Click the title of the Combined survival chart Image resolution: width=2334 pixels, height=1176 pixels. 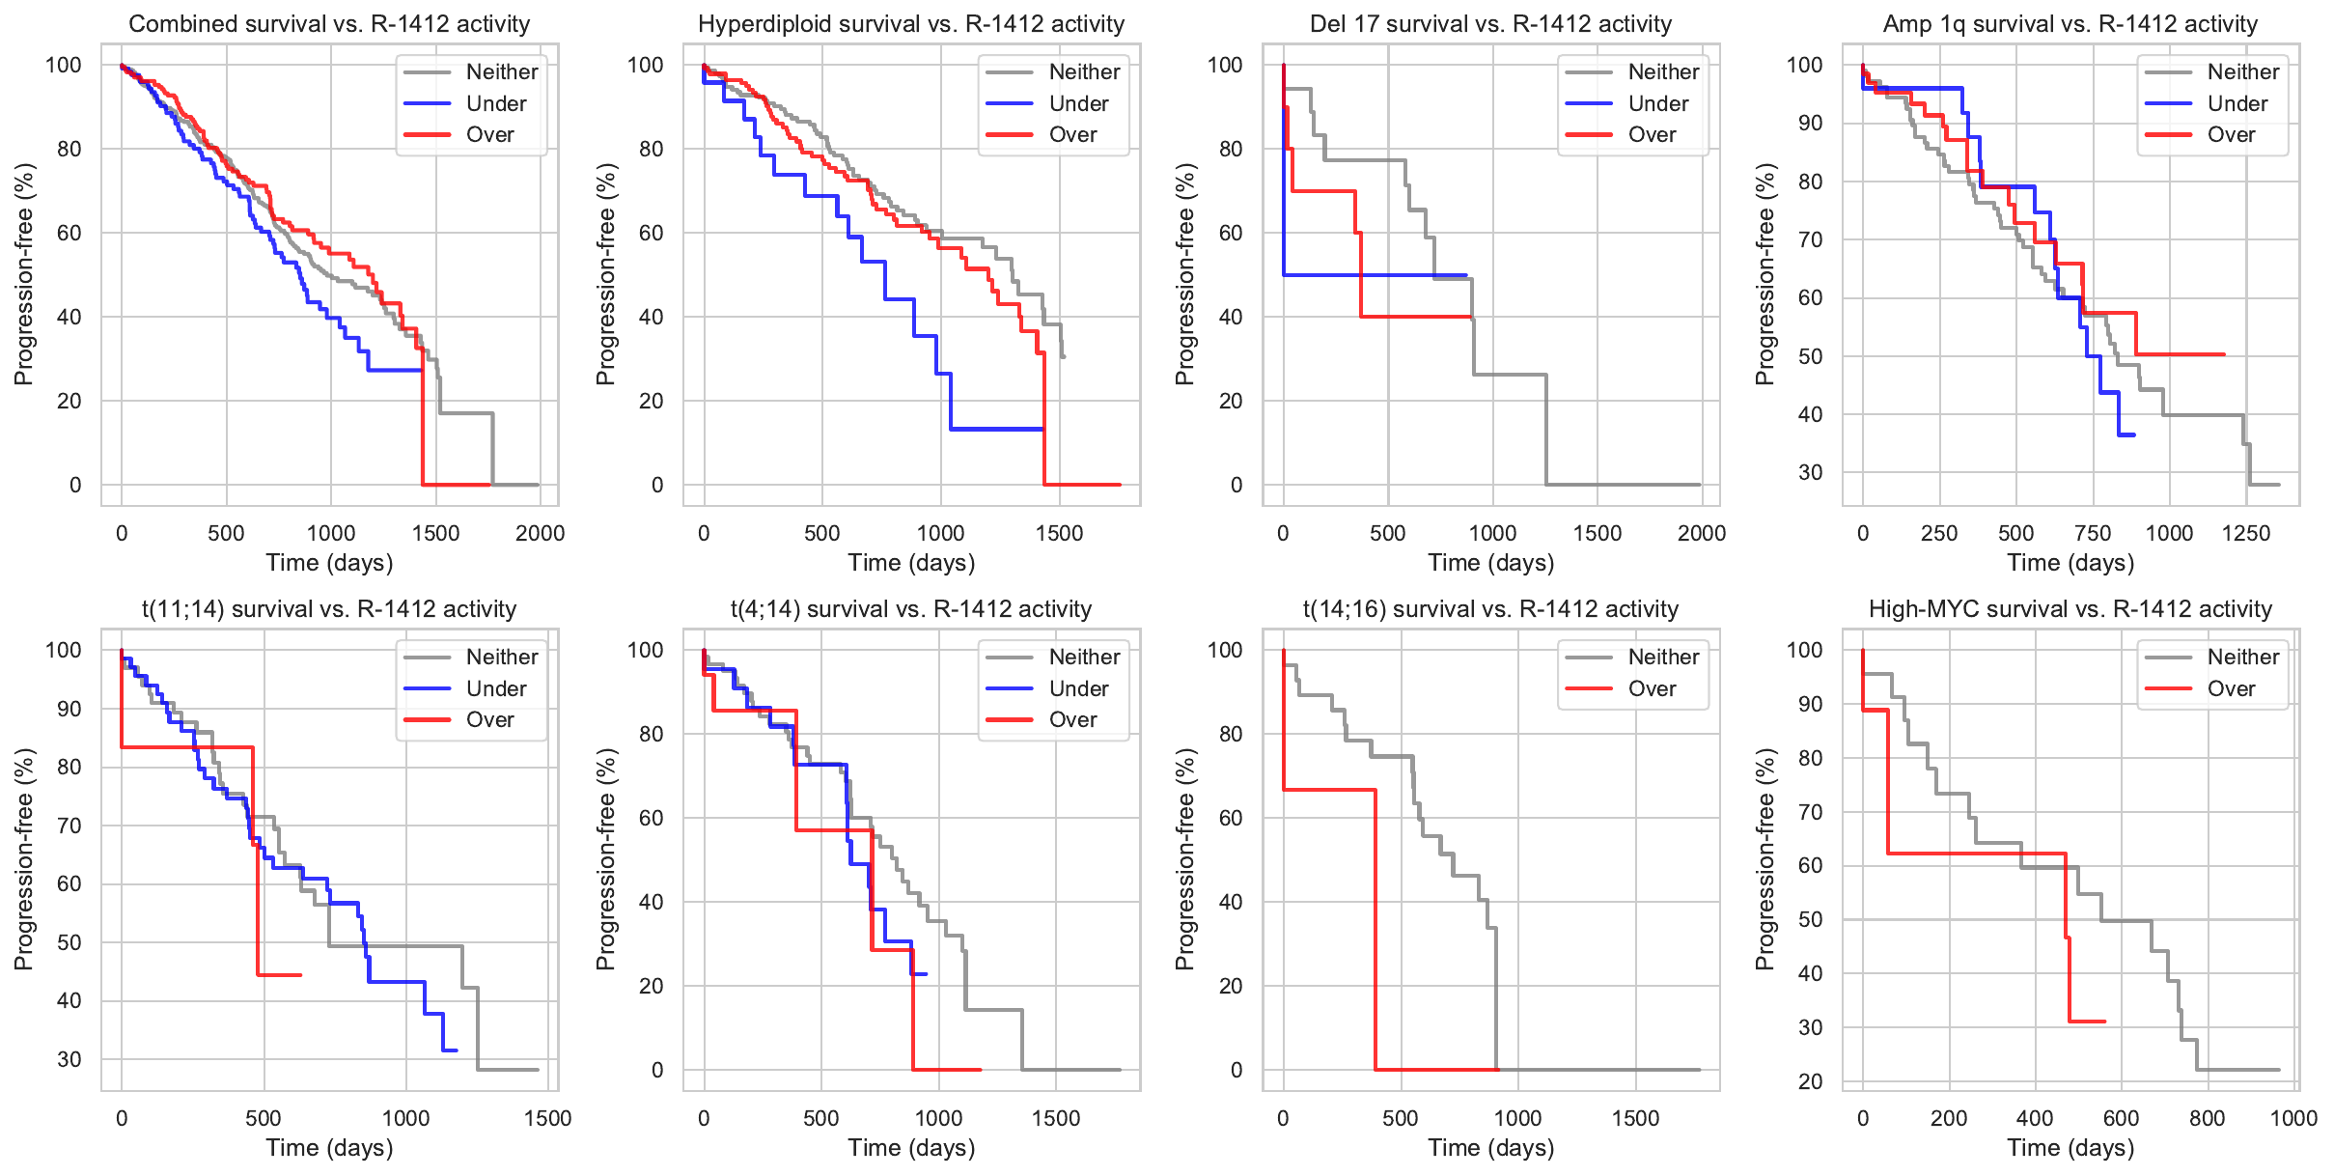pos(329,24)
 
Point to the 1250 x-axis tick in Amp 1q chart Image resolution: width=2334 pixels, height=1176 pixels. pos(2246,533)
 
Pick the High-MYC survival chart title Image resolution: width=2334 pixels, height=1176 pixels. pos(2070,609)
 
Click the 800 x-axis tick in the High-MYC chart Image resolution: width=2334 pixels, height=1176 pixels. pos(2207,1118)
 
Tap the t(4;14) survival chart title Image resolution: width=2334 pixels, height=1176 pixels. pos(910,609)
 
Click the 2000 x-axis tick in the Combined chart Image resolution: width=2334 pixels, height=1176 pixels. pos(540,533)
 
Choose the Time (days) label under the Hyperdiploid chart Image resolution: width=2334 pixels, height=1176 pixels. pos(911,563)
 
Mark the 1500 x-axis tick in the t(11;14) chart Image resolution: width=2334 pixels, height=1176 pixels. pos(547,1118)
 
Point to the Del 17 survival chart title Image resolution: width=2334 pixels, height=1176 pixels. pos(1490,24)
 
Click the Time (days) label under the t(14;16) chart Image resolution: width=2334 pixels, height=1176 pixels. pos(1490,1148)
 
